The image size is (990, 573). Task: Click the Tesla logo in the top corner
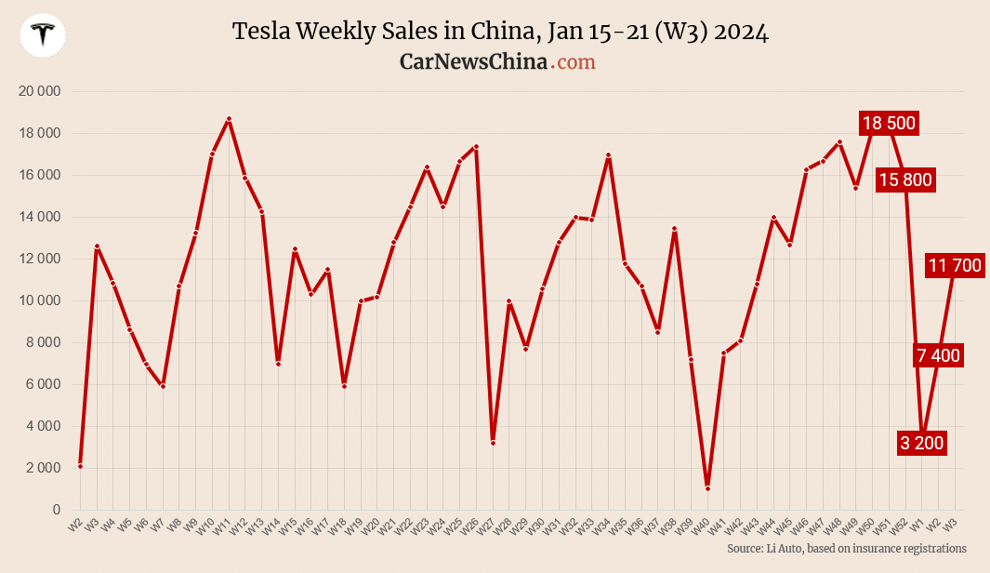(43, 35)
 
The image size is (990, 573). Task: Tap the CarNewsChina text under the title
(472, 62)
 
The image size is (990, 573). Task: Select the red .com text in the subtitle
(573, 62)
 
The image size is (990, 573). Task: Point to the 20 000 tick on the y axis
(39, 91)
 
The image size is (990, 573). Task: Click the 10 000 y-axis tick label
(39, 300)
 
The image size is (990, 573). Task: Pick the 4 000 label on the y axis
(42, 426)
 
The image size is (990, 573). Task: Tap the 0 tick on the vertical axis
(56, 510)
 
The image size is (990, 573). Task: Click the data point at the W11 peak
(229, 119)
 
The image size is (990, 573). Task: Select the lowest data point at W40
(707, 488)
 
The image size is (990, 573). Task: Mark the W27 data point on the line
(493, 443)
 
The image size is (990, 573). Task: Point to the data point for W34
(608, 155)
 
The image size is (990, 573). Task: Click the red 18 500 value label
(889, 123)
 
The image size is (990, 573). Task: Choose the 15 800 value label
(904, 180)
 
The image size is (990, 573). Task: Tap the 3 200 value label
(922, 444)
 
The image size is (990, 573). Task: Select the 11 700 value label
(955, 266)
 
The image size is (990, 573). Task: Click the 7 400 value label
(938, 355)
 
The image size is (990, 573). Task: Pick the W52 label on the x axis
(898, 526)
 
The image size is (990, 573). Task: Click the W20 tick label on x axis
(370, 526)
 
